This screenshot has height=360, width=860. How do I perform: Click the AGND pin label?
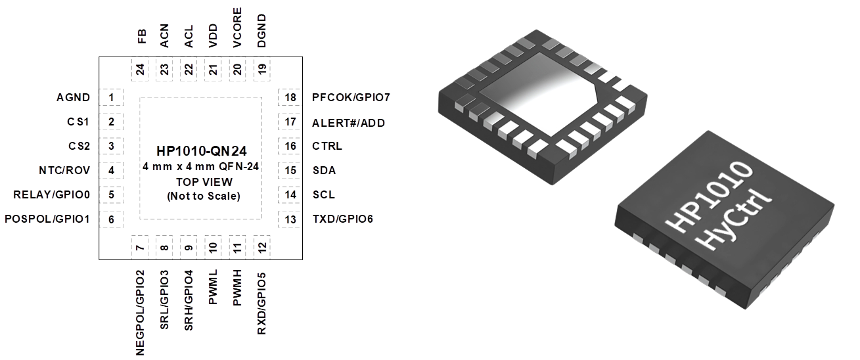[73, 97]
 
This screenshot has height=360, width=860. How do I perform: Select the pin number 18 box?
[290, 97]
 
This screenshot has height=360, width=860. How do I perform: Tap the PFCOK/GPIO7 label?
[351, 97]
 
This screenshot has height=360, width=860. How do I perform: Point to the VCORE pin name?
[237, 28]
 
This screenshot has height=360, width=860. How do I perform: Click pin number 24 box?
[140, 69]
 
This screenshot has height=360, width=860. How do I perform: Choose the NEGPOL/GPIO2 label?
[140, 313]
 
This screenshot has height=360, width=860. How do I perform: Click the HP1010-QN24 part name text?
[202, 151]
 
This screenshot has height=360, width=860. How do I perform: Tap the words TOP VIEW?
[204, 182]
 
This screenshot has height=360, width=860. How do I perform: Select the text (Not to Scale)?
[204, 196]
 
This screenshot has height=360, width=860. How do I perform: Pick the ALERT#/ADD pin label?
[349, 123]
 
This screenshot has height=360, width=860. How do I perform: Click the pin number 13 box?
[290, 219]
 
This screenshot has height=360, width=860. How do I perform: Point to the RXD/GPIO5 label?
[261, 304]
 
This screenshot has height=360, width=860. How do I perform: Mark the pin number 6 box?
[111, 219]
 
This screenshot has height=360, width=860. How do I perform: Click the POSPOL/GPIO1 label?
[47, 219]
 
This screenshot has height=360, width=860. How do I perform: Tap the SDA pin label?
[325, 170]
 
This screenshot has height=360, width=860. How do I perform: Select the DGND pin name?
[261, 31]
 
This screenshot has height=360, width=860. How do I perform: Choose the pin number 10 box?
[213, 247]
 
